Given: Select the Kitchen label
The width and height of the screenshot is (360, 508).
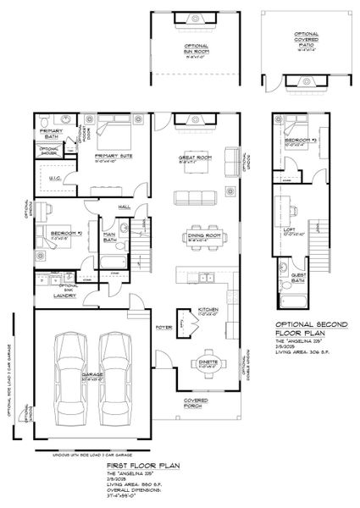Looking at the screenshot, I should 209,310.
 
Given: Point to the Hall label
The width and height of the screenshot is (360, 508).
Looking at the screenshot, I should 124,206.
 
